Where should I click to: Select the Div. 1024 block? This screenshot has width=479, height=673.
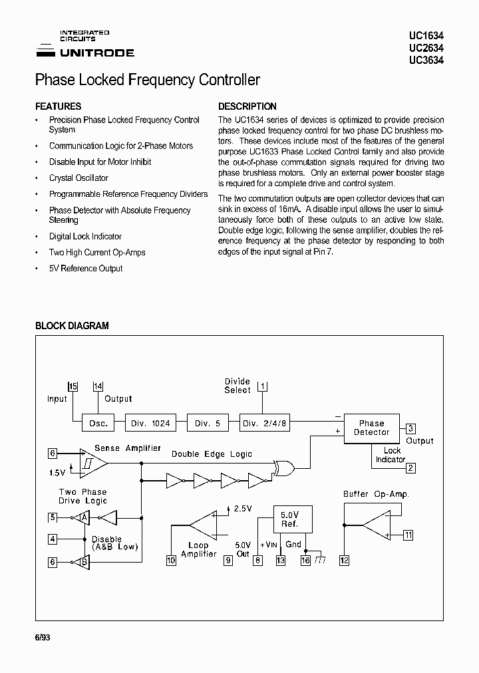pos(150,423)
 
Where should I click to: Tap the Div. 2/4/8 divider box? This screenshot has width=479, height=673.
pos(264,423)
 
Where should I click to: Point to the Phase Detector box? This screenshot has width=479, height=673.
pos(371,428)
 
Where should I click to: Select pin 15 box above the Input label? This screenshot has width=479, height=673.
pos(73,386)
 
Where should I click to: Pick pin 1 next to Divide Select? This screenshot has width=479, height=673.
pos(262,386)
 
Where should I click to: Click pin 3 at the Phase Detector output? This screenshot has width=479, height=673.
pos(411,429)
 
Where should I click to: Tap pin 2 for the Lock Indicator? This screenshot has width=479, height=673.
pos(411,468)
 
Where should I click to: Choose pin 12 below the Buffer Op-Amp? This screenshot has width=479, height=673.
pos(344,561)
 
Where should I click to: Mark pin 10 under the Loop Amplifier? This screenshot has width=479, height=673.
pos(171,561)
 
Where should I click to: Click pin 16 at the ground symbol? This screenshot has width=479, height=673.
pos(305,561)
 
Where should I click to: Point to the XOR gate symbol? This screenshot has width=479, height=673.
pos(283,468)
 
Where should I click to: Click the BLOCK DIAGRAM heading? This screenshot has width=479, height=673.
pos(72,326)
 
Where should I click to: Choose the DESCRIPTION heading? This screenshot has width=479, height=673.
pos(247,106)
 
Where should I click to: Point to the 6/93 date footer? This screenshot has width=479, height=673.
pos(42,637)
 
